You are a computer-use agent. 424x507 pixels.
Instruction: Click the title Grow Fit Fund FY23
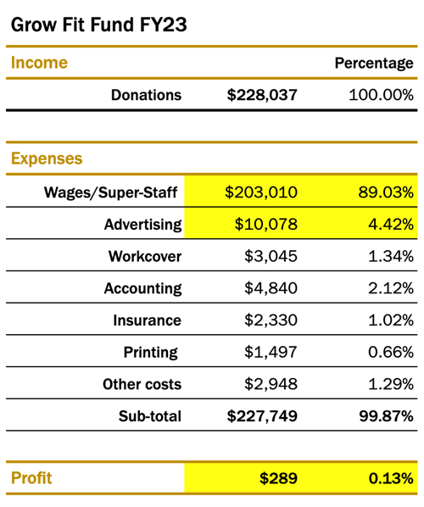[x=98, y=25]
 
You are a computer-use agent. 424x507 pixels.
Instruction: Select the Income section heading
[x=39, y=63]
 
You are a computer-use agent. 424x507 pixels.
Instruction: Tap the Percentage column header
[x=374, y=64]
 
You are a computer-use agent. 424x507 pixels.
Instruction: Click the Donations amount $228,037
[x=262, y=95]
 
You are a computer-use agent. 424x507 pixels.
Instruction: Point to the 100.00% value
[x=381, y=95]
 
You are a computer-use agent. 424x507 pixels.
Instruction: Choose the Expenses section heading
[x=47, y=159]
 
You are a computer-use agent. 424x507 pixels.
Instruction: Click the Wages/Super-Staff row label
[x=112, y=193]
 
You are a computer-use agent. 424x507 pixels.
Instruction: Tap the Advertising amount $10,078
[x=265, y=225]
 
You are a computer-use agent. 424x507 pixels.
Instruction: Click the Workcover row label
[x=144, y=257]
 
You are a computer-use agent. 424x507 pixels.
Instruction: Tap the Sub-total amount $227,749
[x=262, y=416]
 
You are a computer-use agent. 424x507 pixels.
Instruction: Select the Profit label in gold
[x=31, y=478]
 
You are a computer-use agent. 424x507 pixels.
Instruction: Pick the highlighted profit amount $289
[x=278, y=478]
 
